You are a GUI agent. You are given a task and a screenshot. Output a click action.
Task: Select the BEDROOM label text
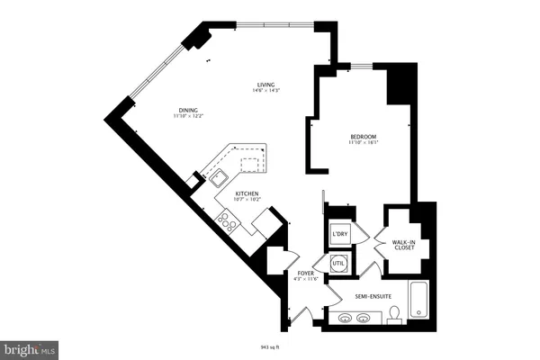363,136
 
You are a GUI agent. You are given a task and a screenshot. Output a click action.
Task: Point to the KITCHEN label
248,193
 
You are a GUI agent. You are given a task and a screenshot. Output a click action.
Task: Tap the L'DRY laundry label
339,235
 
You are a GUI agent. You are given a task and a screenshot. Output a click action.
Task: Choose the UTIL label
339,263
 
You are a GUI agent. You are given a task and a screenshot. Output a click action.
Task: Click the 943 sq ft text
270,345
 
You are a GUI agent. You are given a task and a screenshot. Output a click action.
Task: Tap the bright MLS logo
30,346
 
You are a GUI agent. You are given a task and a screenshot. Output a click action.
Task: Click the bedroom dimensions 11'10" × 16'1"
363,142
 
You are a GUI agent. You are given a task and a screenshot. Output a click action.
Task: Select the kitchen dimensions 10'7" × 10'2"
248,199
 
